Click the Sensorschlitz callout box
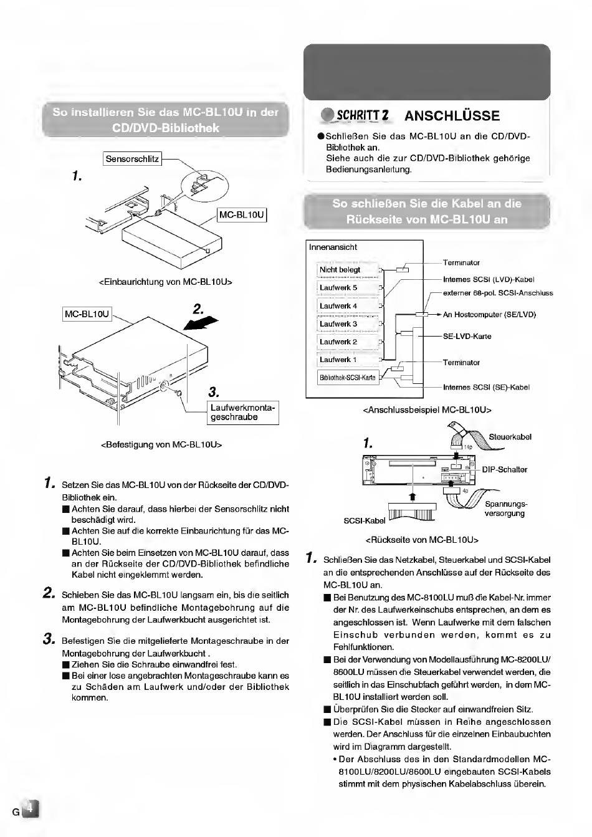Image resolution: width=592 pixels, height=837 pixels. click(132, 159)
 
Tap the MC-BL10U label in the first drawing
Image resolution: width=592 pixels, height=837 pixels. click(242, 215)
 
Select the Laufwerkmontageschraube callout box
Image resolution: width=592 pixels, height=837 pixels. click(242, 413)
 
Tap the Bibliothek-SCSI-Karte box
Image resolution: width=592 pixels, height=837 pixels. click(348, 378)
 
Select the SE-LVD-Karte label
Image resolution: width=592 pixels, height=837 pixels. click(467, 337)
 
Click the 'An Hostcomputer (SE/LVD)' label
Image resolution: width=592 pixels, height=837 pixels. click(489, 315)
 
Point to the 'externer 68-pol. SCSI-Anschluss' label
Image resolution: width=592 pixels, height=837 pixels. click(498, 293)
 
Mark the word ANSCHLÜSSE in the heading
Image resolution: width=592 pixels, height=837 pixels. click(452, 116)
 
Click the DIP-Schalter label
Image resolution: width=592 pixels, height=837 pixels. click(504, 469)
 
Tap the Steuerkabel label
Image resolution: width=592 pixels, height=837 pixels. click(510, 437)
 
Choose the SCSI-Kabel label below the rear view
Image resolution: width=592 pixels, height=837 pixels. click(365, 520)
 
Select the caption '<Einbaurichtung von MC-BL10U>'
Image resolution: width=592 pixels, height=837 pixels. click(166, 282)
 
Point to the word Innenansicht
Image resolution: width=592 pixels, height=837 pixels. click(333, 247)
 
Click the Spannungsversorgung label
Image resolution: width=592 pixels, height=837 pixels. click(505, 509)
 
